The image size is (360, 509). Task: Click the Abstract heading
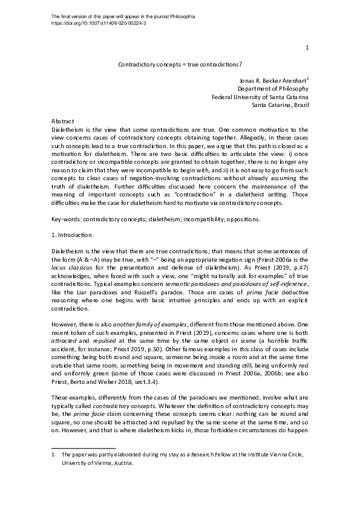point(63,122)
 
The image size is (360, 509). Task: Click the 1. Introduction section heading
point(72,235)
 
